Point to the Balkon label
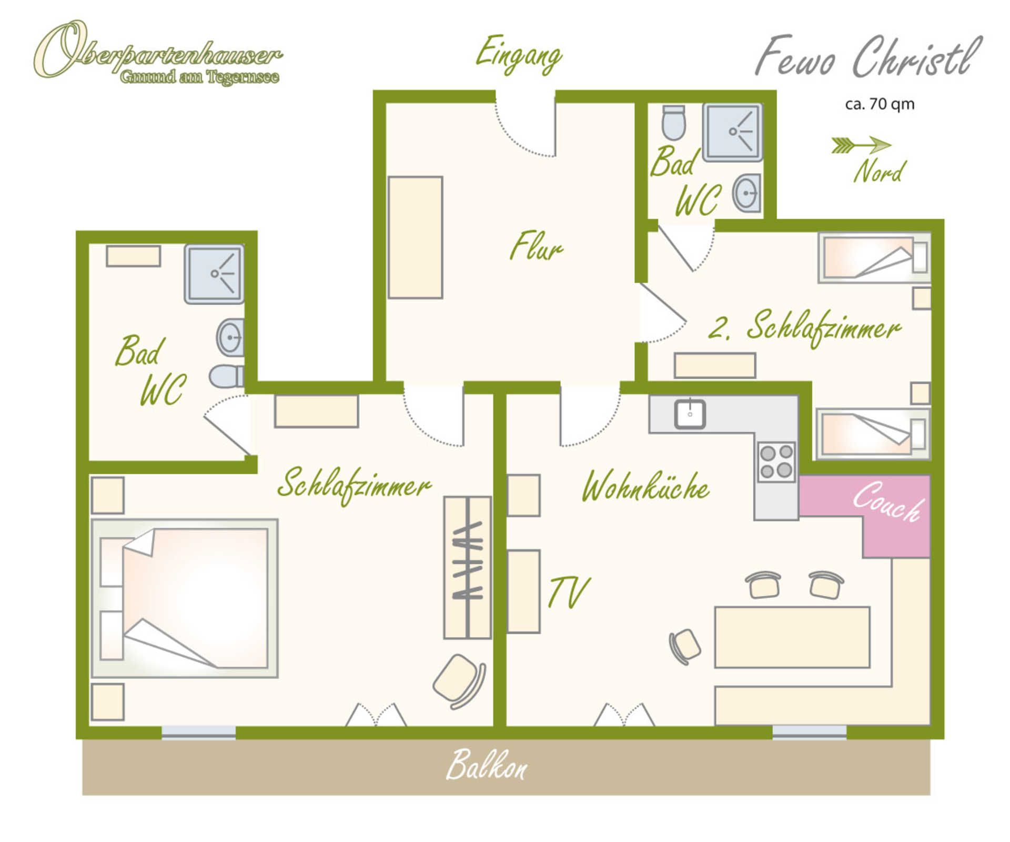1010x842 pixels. [x=486, y=765]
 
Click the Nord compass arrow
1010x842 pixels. [x=861, y=145]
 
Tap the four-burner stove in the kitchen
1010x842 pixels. [x=776, y=461]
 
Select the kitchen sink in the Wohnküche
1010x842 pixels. [x=690, y=414]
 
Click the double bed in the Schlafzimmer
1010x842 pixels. [x=185, y=598]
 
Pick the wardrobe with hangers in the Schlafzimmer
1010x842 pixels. [x=468, y=567]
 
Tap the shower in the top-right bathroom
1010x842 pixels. [x=733, y=132]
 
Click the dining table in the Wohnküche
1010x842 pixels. [x=792, y=637]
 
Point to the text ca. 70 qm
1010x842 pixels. [x=880, y=104]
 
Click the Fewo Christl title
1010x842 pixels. [x=868, y=57]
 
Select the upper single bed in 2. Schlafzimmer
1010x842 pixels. [x=874, y=258]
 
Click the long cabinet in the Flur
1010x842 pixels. [x=416, y=237]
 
